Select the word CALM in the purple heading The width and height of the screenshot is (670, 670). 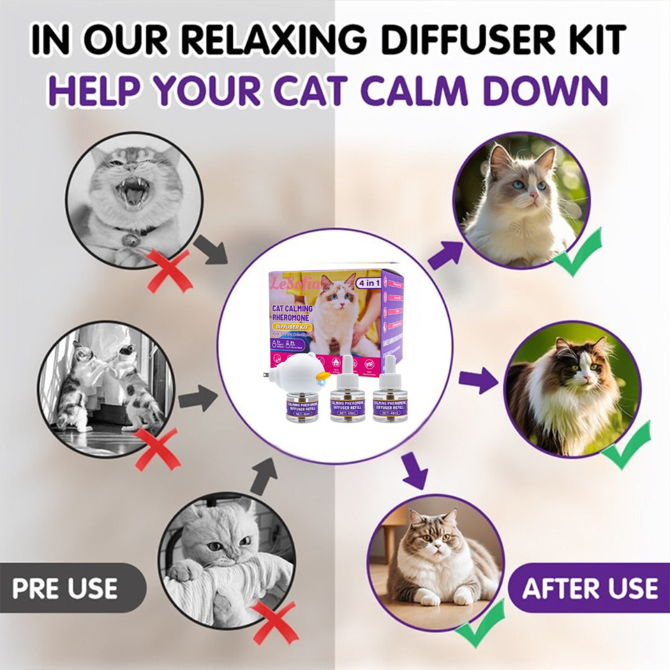click(419, 91)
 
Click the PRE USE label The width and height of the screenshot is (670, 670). click(65, 588)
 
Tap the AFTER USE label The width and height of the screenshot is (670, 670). click(590, 588)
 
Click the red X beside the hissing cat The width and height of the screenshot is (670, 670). click(169, 270)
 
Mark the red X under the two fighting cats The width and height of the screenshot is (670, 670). click(158, 449)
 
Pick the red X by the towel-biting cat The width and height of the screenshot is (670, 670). click(274, 622)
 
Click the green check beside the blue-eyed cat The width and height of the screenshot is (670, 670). click(578, 251)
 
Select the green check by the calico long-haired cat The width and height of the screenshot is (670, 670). click(626, 445)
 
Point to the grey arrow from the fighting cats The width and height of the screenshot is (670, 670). click(197, 400)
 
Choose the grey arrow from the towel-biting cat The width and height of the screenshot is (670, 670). click(263, 475)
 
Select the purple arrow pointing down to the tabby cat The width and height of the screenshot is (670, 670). click(414, 470)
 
